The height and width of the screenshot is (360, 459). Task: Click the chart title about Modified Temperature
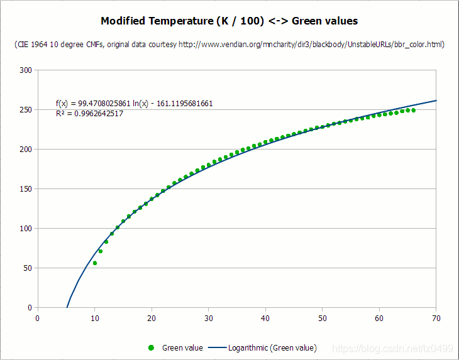tap(229, 21)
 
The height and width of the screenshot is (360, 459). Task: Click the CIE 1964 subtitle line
tap(229, 45)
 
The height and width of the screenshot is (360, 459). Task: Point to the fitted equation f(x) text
tap(134, 103)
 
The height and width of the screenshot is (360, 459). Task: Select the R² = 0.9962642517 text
tap(89, 113)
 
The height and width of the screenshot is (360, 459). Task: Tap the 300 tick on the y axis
tap(26, 70)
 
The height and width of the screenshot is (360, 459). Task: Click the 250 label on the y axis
tap(26, 110)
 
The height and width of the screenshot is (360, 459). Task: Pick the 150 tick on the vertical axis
tap(26, 189)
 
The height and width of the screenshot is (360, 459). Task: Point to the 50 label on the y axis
tap(28, 268)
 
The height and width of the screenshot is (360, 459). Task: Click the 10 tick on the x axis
tap(94, 318)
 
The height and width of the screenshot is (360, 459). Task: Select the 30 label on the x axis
tap(208, 318)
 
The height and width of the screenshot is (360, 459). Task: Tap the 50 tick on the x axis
tap(322, 318)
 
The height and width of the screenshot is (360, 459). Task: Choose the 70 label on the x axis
tap(436, 318)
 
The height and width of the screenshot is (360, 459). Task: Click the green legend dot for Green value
tap(151, 347)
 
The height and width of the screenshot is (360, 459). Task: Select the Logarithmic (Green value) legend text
tap(272, 347)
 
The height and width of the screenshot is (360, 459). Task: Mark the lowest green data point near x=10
tap(95, 263)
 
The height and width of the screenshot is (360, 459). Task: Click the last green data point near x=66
tap(413, 111)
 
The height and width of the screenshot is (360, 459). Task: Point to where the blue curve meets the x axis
tap(67, 307)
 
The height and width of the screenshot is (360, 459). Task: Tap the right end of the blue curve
tap(436, 101)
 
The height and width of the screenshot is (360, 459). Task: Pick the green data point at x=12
tap(106, 242)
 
